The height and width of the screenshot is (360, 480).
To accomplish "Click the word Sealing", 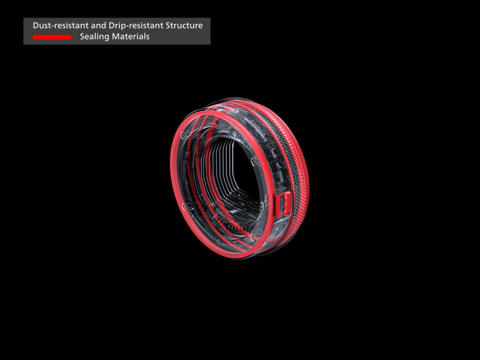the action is (94, 37).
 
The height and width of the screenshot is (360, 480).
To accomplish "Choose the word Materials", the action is (130, 37).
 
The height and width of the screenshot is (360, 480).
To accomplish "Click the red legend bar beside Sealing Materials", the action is (52, 37).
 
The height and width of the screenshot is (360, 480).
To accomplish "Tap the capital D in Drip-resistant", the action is (112, 25).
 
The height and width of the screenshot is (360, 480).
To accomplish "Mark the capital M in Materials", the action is (115, 37).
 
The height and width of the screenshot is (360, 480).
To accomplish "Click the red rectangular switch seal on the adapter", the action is (283, 204).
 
